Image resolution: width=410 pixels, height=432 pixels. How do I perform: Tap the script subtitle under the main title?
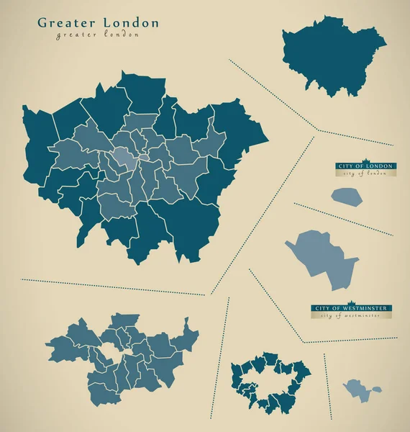click(x=98, y=35)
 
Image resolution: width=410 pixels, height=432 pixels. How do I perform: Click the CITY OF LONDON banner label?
click(x=365, y=166)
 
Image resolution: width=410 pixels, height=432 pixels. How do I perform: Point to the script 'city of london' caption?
click(x=365, y=174)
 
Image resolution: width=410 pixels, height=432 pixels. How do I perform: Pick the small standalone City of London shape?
click(x=347, y=195)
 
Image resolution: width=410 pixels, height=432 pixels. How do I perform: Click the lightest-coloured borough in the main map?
click(x=123, y=158)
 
